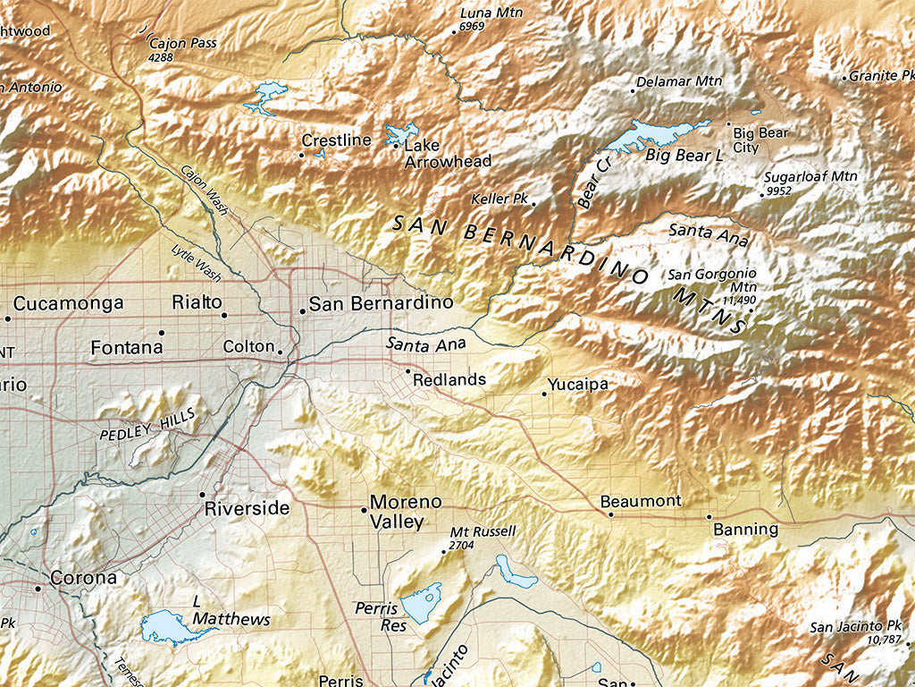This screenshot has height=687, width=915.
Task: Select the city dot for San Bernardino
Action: point(303,311)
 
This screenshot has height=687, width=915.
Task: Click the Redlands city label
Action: point(449,379)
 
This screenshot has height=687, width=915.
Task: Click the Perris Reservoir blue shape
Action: point(421,602)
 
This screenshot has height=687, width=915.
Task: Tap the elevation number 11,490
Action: point(740,301)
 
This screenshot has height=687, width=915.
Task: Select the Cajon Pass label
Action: point(183,43)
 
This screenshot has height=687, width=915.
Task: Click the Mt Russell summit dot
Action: point(444,552)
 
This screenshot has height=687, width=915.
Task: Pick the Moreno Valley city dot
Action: point(364,510)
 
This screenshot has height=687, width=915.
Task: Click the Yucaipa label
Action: point(578,384)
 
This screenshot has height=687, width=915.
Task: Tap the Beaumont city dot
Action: point(611,514)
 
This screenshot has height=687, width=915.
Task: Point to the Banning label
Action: point(745,529)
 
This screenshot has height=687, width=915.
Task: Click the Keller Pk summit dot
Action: point(533,203)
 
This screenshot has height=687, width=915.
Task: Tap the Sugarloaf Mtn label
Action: point(810,176)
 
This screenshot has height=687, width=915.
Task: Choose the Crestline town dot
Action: point(301,155)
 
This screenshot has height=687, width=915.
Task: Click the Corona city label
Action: point(83,578)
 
